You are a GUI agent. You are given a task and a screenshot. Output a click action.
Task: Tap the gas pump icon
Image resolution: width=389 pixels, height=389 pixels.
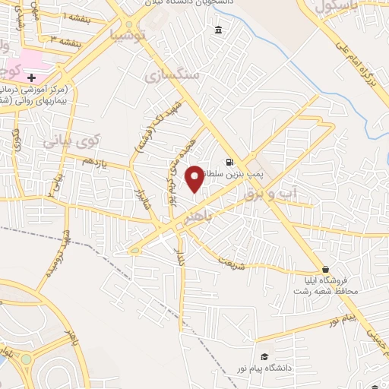click(229, 162)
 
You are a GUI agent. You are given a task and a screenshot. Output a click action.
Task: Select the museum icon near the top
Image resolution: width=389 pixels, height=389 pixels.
click(219, 30)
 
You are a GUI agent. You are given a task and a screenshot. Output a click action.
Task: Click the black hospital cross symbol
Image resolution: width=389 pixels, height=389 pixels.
click(31, 77)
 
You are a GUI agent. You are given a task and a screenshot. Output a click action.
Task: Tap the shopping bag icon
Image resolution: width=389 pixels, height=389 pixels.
click(326, 269)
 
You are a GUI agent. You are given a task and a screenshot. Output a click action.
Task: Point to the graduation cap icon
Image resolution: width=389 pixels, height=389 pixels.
click(264, 356)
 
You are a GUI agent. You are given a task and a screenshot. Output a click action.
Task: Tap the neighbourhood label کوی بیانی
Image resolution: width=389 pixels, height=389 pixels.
click(71, 141)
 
